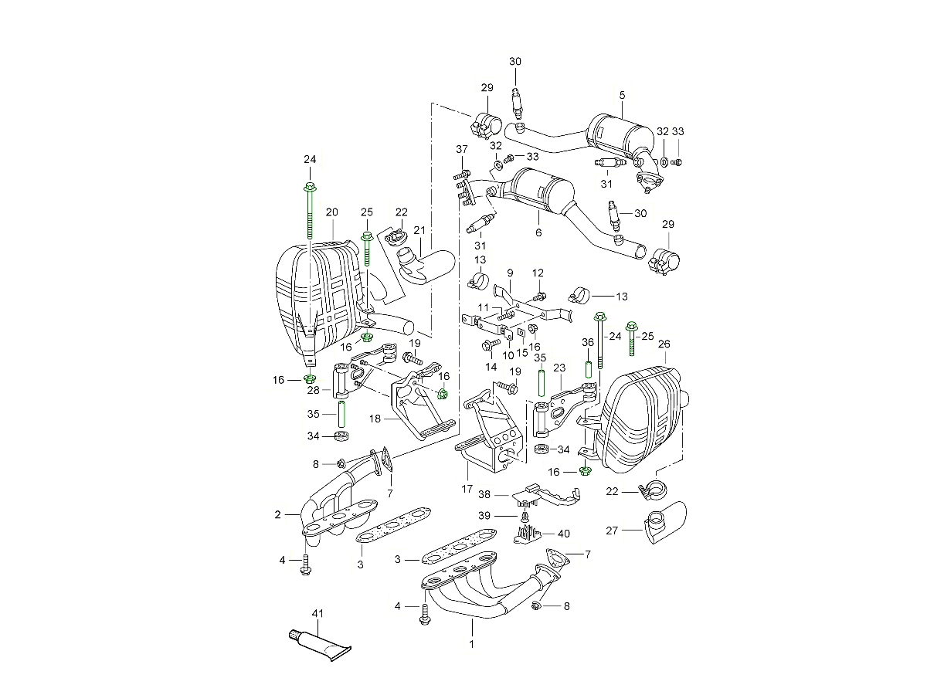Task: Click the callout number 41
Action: [317, 614]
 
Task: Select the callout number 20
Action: [332, 212]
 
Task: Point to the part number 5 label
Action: [622, 95]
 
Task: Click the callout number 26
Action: [664, 344]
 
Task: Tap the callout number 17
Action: [467, 488]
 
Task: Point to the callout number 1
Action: [472, 642]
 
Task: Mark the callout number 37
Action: [461, 149]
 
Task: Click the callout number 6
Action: [538, 232]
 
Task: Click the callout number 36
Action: [588, 342]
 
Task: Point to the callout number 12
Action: [538, 273]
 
